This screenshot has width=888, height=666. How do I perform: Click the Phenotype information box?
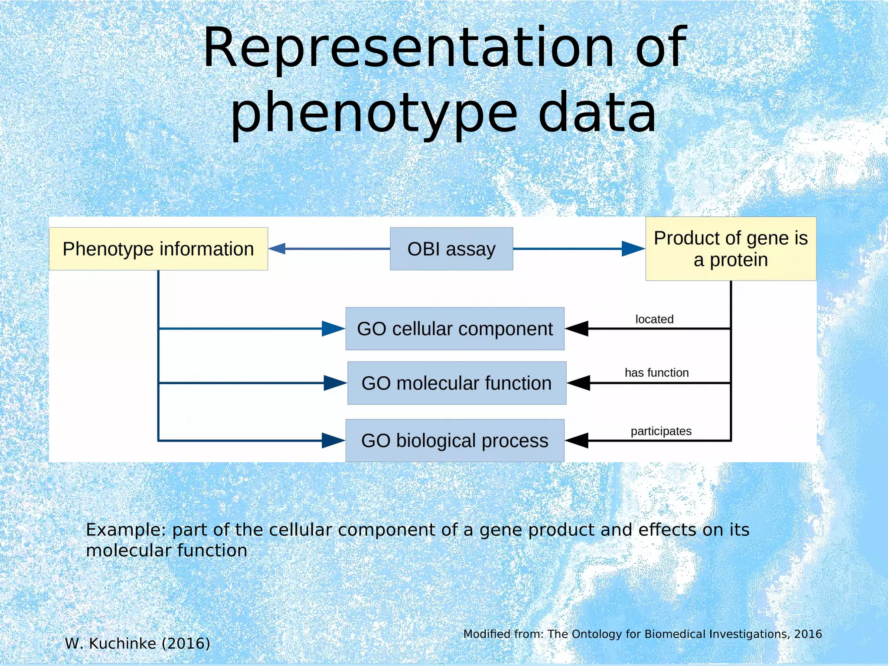click(158, 249)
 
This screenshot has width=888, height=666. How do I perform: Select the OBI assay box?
click(451, 249)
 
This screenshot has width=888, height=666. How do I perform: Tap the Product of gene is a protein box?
click(731, 249)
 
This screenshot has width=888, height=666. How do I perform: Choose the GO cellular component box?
click(455, 329)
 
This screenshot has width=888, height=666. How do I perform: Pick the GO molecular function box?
click(457, 383)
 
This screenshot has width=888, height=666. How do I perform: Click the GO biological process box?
click(455, 441)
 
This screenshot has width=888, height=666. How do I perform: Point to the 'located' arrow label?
click(654, 319)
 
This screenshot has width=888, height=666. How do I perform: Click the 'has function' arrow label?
click(656, 372)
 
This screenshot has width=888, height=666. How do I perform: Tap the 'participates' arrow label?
click(661, 431)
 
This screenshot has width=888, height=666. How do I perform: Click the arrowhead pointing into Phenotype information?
click(277, 249)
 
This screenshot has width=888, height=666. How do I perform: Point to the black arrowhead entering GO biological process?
click(577, 441)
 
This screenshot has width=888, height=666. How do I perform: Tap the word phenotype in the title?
click(374, 114)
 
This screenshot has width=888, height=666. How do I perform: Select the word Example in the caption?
click(126, 530)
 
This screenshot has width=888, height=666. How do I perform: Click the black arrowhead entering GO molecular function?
click(579, 383)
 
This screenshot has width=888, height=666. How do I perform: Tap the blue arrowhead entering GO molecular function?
click(335, 383)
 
